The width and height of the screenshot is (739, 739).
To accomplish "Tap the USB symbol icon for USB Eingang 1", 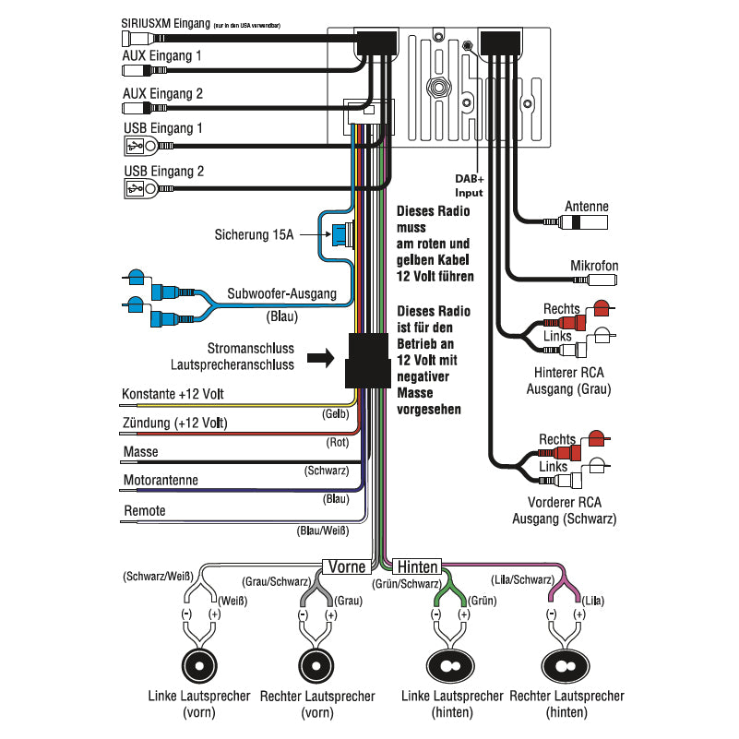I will tap(135, 146).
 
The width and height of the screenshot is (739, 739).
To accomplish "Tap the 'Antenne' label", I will tap(586, 208).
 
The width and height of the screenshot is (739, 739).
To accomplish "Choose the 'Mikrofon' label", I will tap(594, 266).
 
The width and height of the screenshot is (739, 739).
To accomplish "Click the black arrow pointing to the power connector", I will tap(320, 357).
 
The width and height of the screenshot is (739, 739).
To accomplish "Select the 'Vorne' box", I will tap(347, 566).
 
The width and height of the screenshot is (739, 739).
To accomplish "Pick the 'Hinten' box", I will tap(417, 566).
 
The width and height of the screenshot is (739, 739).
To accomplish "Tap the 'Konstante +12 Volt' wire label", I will tap(172, 395).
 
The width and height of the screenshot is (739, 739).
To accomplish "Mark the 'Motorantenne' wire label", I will tap(161, 481).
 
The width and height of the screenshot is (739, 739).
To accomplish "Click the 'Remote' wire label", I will tap(144, 510).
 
